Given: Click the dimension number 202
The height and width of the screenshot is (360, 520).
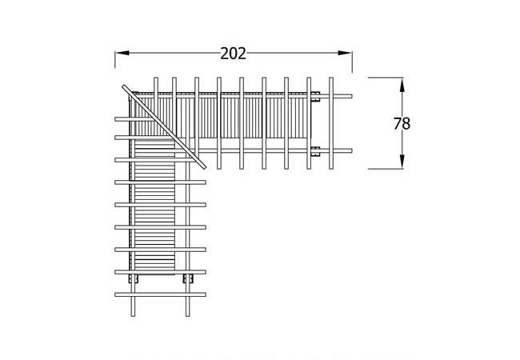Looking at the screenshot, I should [x=233, y=54].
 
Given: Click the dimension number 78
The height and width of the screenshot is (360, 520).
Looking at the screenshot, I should [x=402, y=124].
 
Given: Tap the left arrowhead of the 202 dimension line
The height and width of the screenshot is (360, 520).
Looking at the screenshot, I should [x=120, y=54].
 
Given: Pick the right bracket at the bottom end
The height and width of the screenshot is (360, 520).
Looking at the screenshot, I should [x=189, y=278].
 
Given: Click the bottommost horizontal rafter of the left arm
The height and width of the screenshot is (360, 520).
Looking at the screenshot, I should [x=160, y=295].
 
